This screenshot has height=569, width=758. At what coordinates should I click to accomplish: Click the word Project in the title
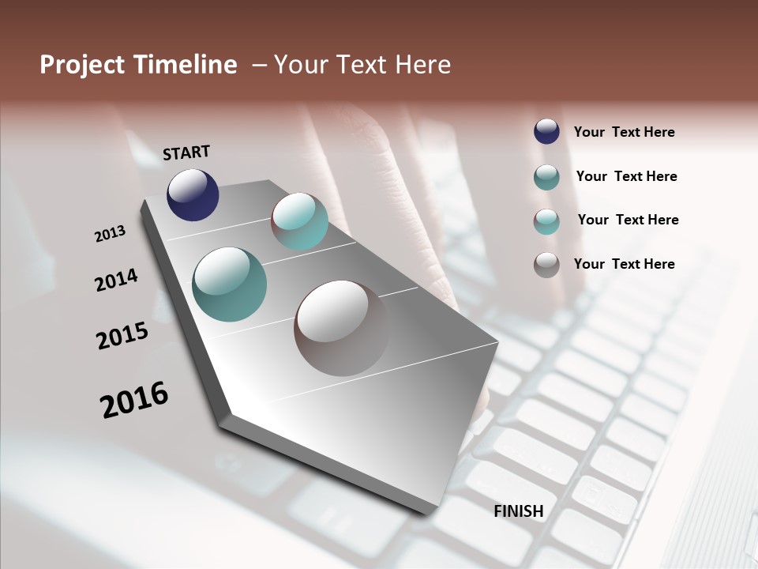[82, 65]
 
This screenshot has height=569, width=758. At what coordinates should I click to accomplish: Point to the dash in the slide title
[259, 65]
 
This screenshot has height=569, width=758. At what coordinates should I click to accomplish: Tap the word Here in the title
[420, 65]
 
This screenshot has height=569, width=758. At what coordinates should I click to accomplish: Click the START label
[186, 153]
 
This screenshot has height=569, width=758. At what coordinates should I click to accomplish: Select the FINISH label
[519, 511]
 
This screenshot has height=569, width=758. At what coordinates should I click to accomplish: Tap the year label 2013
[110, 234]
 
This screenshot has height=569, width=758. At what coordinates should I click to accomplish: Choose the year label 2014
[117, 280]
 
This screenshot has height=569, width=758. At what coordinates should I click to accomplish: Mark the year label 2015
[122, 336]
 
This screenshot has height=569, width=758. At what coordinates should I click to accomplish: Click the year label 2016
[134, 400]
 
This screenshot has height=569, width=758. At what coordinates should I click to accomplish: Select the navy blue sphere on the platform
[193, 194]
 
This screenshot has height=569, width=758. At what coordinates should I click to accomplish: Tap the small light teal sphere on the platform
[300, 221]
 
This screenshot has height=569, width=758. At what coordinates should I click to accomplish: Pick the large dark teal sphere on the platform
[229, 284]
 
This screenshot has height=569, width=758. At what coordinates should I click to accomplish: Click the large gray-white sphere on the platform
[342, 327]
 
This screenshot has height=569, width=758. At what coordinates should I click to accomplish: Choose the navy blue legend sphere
[546, 131]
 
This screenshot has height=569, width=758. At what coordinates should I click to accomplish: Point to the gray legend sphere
[546, 265]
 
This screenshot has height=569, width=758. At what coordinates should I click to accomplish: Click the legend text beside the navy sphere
[624, 132]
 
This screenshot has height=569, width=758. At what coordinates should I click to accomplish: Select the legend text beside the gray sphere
[624, 264]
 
